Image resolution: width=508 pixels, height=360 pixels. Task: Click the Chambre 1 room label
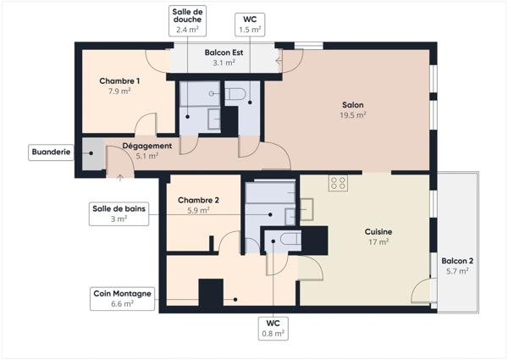pyautogui.click(x=119, y=81)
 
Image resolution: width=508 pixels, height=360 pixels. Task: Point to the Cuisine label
pyautogui.click(x=378, y=231)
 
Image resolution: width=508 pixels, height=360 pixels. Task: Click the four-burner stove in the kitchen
pyautogui.click(x=339, y=183)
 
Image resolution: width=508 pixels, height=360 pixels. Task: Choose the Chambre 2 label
pyautogui.click(x=198, y=201)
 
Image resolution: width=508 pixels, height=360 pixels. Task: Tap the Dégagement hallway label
pyautogui.click(x=147, y=146)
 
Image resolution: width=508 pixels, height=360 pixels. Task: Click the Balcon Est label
pyautogui.click(x=224, y=53)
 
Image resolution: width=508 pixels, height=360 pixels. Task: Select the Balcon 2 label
pyautogui.click(x=457, y=261)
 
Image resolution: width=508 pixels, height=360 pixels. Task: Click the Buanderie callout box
pyautogui.click(x=51, y=152)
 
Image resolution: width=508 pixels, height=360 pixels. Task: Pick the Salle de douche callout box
pyautogui.click(x=187, y=19)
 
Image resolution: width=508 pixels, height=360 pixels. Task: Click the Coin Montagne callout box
pyautogui.click(x=122, y=298)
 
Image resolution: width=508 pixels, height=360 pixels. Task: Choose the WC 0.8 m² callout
pyautogui.click(x=273, y=328)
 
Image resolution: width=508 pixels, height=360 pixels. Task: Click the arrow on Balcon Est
pyautogui.click(x=278, y=60)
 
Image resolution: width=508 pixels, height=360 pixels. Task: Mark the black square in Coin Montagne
pyautogui.click(x=210, y=294)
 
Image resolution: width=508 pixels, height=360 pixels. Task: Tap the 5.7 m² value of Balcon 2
pyautogui.click(x=457, y=272)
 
